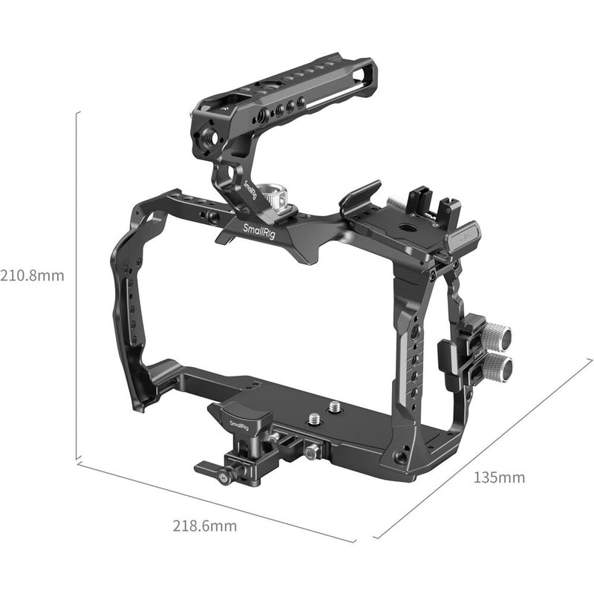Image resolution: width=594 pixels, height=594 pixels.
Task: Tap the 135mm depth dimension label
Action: (499, 477)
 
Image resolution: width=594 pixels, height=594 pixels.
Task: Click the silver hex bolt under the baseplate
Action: (311, 450)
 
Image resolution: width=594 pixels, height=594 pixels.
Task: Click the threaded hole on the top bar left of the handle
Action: (214, 216)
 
